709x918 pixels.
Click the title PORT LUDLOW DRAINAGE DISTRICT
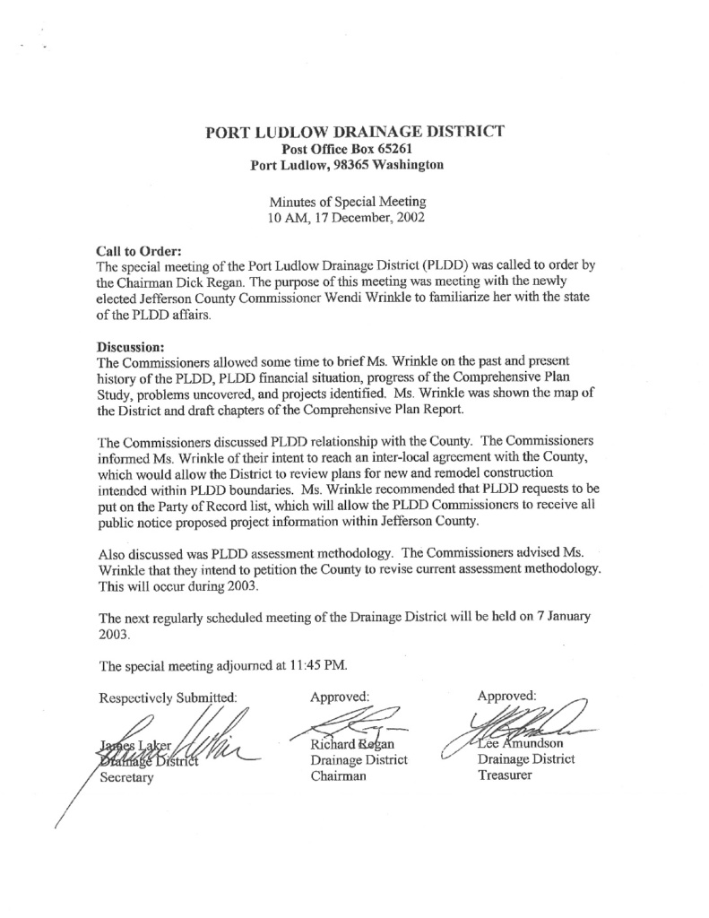[x=355, y=131]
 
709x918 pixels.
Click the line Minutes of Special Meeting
[x=354, y=200]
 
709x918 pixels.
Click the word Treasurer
[x=506, y=775]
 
